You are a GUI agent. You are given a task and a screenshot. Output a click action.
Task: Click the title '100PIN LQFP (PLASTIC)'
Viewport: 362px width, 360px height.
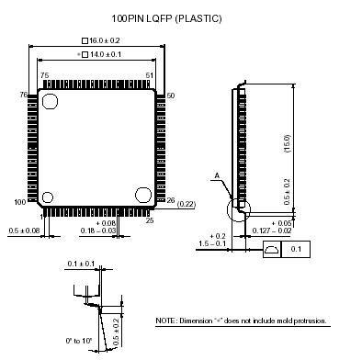point(166,18)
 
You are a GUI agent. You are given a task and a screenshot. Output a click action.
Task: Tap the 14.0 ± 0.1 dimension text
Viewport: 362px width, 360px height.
point(106,54)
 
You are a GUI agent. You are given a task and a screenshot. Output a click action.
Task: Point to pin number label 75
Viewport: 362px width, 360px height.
point(45,75)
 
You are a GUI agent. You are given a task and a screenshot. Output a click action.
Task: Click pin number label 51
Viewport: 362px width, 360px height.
point(150,75)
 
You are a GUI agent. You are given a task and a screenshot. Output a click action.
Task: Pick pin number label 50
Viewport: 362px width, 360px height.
point(171,96)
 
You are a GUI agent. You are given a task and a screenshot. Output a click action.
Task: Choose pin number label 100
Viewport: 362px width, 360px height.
point(20,202)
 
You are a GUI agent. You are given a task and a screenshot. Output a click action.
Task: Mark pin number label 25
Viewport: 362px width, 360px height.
point(150,220)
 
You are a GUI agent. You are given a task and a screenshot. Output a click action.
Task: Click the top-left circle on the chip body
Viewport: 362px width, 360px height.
point(50,101)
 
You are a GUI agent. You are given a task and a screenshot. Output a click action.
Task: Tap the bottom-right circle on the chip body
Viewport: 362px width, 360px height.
point(143,195)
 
